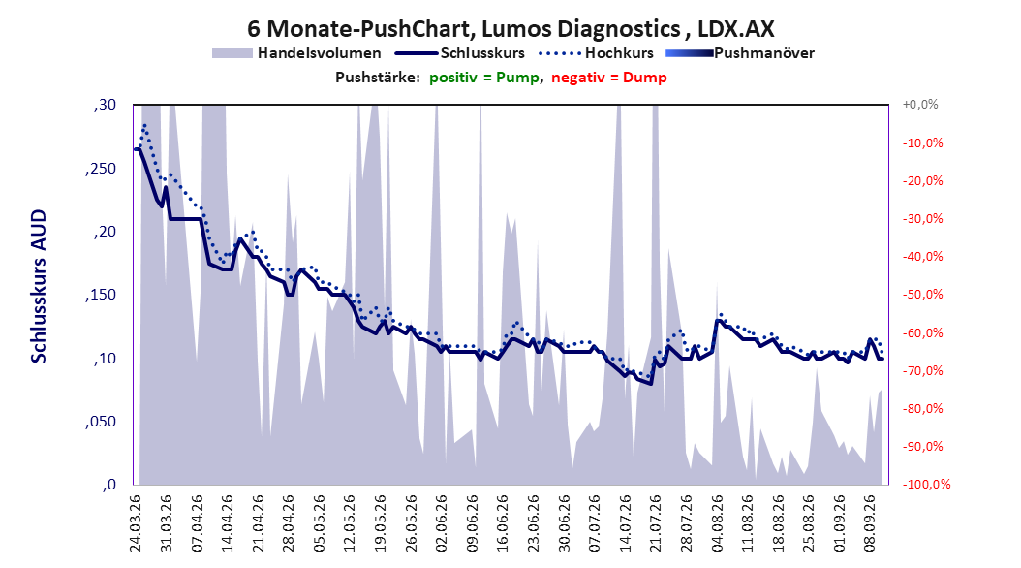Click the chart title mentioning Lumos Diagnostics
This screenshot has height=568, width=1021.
[x=510, y=29]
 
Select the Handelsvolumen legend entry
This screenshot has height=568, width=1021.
[x=297, y=53]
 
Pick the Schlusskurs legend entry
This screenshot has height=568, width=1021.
[x=460, y=53]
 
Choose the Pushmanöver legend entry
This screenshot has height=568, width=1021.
[x=740, y=53]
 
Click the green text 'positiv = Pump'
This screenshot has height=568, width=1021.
[x=483, y=78]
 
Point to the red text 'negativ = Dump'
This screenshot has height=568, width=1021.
[x=609, y=78]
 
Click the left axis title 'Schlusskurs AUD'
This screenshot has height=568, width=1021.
[x=39, y=286]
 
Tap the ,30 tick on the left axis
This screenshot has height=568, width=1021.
[x=105, y=105]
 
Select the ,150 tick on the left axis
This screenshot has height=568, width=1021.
[x=101, y=295]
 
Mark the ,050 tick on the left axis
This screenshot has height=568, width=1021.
[x=101, y=422]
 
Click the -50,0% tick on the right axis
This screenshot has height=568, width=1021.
[x=922, y=295]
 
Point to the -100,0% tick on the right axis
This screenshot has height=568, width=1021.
[x=926, y=484]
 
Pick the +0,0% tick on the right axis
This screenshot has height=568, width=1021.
[x=920, y=105]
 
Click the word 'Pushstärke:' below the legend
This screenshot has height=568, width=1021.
[x=378, y=78]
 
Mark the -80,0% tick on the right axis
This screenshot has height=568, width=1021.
[x=922, y=408]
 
